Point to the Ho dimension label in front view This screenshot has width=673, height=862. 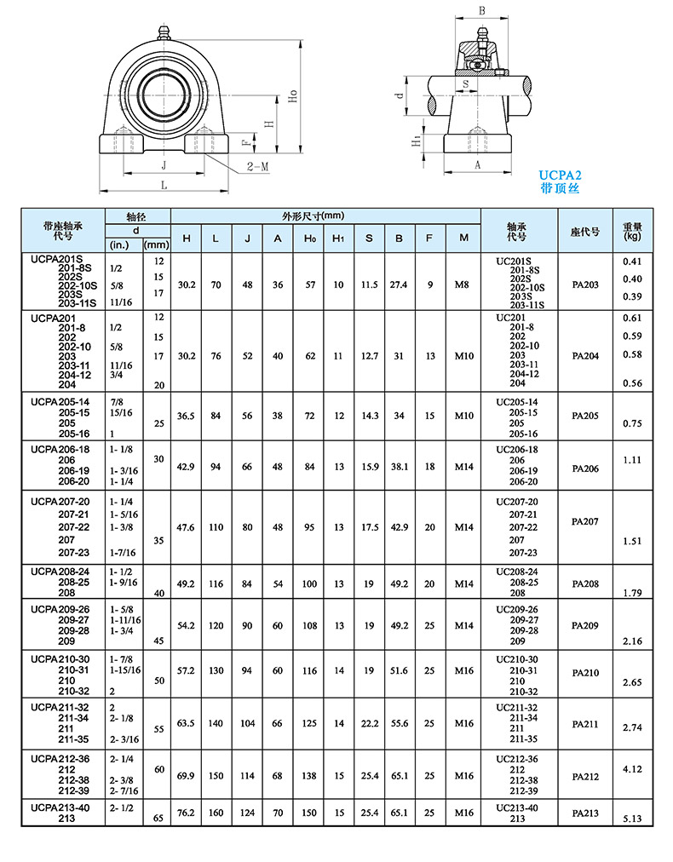[292, 98]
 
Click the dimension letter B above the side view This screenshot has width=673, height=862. [482, 11]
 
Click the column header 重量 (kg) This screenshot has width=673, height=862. [631, 231]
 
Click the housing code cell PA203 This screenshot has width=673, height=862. [585, 284]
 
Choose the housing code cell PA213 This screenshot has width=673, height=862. [585, 813]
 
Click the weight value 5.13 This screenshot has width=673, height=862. [631, 819]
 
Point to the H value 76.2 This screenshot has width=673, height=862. [186, 813]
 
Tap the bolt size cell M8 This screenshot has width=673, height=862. [463, 284]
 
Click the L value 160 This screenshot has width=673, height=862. [216, 813]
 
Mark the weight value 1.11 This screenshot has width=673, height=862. [631, 459]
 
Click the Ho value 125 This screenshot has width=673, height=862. [308, 723]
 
